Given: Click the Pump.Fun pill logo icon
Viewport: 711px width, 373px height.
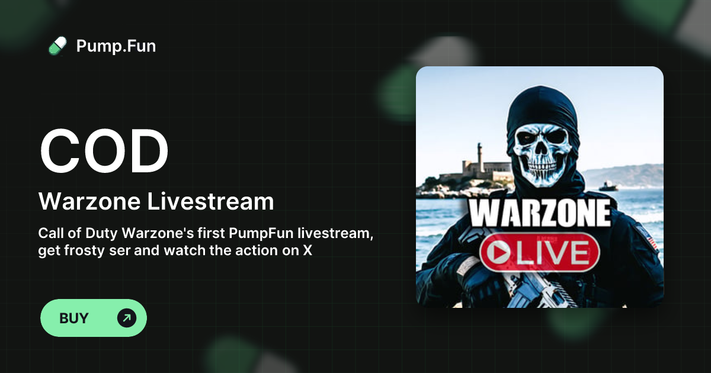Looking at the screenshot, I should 57,46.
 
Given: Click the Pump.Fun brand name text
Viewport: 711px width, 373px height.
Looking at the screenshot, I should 116,46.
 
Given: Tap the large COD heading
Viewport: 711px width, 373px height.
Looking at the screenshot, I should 104,150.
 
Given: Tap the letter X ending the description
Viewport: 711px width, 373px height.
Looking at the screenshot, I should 307,250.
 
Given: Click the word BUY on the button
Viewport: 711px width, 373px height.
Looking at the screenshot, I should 74,318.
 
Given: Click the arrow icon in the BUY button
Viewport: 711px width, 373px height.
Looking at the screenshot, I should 126,318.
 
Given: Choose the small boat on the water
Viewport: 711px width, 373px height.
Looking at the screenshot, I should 608,186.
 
